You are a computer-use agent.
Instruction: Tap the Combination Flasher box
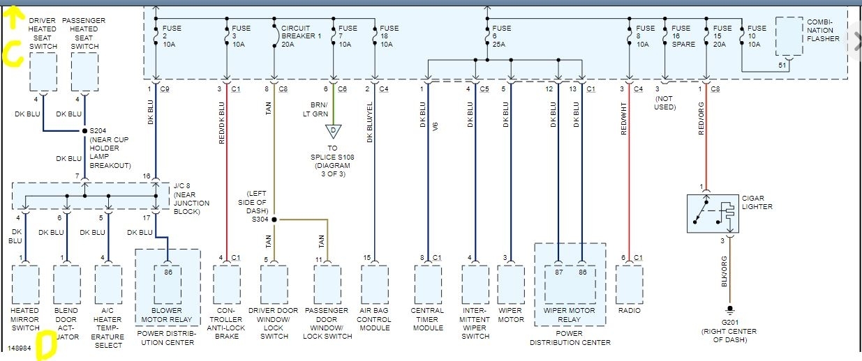(x=789, y=37)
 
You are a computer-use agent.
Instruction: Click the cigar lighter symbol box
(x=711, y=213)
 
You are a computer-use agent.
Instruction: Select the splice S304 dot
(x=274, y=220)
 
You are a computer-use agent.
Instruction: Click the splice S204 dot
(x=84, y=130)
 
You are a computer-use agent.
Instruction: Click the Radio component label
(x=629, y=311)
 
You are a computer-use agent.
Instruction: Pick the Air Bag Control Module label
(x=375, y=319)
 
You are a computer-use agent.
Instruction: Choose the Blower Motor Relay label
(x=168, y=315)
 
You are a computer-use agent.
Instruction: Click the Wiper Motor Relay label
(x=570, y=315)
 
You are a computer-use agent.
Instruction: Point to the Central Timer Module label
(x=428, y=319)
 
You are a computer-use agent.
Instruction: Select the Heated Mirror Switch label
(x=25, y=319)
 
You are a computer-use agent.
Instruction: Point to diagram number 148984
(x=20, y=346)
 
